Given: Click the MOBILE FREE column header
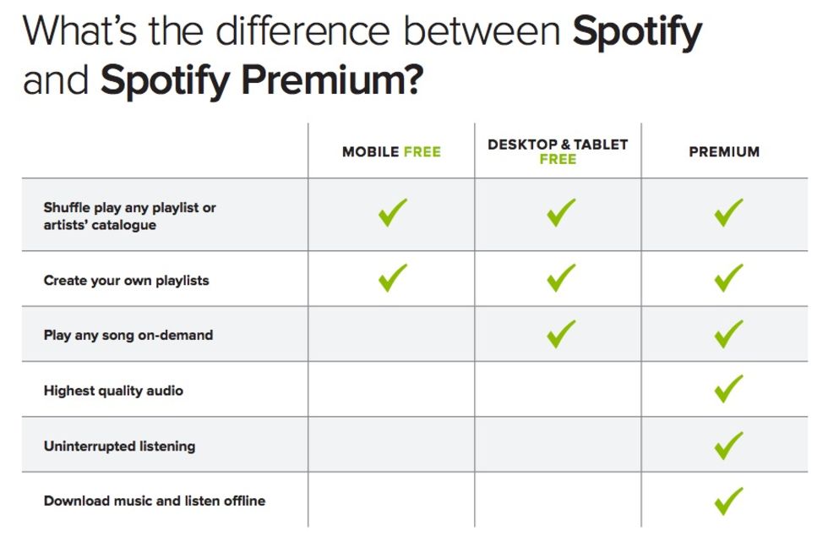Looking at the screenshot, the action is point(391,151).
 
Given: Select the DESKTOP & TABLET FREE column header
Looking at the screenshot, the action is point(558,151).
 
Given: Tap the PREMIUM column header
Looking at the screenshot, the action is point(724,151).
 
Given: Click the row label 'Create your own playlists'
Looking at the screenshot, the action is point(126,281).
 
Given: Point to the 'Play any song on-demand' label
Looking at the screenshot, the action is point(128,336).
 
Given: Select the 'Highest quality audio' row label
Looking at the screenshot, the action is point(113,391).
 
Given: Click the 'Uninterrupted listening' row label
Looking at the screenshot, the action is point(119,446).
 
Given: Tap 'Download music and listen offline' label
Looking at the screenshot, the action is point(155,501).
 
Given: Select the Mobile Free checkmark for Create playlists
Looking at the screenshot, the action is point(392,279).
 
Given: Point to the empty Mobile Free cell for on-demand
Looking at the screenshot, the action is point(391,334).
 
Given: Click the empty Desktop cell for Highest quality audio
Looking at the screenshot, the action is point(558,389).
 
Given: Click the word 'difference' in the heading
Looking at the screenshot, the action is point(303,30).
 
